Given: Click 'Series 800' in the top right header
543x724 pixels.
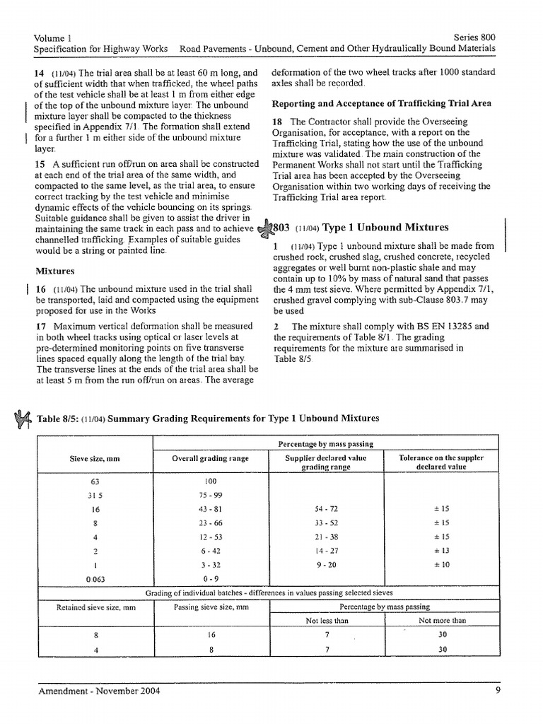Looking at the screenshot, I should click(474, 36).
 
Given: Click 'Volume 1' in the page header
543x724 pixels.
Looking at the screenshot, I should click(53, 36).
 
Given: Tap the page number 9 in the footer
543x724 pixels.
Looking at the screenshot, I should click(498, 694).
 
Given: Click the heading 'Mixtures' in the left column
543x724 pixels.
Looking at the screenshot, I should click(56, 271).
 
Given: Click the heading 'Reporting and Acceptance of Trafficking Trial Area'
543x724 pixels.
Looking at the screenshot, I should click(382, 103).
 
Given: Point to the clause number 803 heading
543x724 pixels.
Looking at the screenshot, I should click(281, 228).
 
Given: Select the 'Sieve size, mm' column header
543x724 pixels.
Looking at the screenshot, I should click(95, 458).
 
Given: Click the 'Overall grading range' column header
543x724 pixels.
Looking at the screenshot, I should click(211, 458).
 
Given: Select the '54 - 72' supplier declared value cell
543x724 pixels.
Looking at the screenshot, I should click(325, 509).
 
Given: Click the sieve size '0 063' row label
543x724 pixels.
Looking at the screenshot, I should click(95, 578).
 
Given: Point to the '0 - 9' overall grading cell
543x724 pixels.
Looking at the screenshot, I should click(210, 578).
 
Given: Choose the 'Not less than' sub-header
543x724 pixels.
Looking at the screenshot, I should click(325, 620).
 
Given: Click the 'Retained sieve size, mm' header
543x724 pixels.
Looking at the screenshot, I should click(95, 607).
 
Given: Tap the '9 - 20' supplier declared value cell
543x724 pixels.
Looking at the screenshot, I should click(325, 564).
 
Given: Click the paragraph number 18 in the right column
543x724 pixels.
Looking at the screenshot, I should click(278, 122).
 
